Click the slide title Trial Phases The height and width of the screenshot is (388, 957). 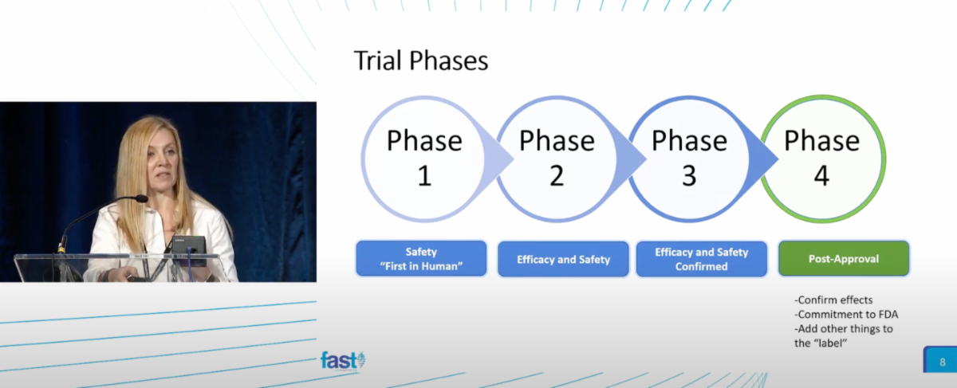pyautogui.click(x=421, y=61)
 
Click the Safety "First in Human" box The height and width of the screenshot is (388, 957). pyautogui.click(x=420, y=259)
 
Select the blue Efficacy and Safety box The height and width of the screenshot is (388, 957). pyautogui.click(x=564, y=259)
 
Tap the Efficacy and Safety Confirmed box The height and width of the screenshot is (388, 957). pyautogui.click(x=702, y=259)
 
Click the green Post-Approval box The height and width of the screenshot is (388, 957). pyautogui.click(x=844, y=259)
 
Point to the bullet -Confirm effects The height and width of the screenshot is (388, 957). pyautogui.click(x=833, y=300)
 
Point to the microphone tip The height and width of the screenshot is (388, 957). pyautogui.click(x=141, y=198)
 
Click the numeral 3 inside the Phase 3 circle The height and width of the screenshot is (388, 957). pyautogui.click(x=689, y=174)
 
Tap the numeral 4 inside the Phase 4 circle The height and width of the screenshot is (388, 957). pyautogui.click(x=822, y=174)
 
